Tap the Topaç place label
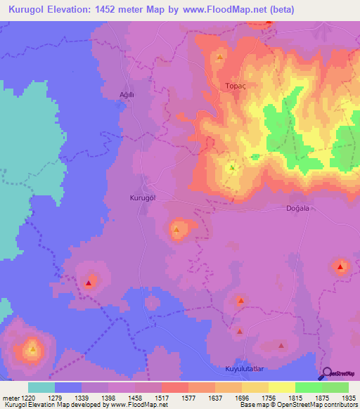pos(234,86)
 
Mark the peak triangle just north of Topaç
pos(221,57)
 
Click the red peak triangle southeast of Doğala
pos(341,266)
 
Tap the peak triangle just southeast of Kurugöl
pos(176,229)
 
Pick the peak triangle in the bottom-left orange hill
pos(32,349)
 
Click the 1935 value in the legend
pos(347,398)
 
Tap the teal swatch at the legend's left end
pos(41,387)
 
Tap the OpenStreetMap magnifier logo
pos(326,375)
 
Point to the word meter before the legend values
pos(10,398)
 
